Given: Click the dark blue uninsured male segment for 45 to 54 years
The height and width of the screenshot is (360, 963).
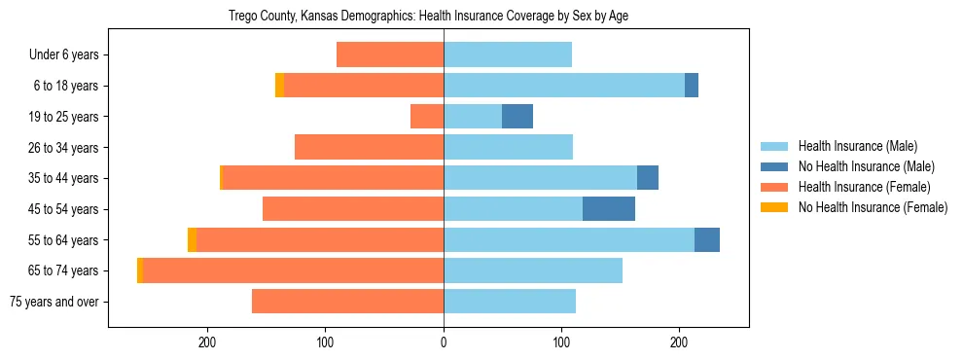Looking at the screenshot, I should click(x=609, y=209).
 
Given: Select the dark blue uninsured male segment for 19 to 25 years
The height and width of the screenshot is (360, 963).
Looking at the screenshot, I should click(x=517, y=117).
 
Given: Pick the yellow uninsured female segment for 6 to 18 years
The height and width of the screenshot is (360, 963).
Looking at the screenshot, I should click(x=280, y=86).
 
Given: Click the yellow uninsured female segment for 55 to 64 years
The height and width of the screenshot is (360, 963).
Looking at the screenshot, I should click(x=192, y=240).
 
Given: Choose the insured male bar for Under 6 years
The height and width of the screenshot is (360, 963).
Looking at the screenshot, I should click(x=508, y=55).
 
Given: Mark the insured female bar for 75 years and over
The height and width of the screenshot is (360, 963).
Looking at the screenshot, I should click(x=348, y=302).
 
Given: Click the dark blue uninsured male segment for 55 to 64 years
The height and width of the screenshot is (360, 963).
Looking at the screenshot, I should click(x=707, y=240).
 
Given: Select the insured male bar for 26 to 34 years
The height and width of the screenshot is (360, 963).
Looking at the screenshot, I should click(x=509, y=148).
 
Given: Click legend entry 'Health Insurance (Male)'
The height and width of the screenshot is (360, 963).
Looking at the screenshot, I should click(x=857, y=146).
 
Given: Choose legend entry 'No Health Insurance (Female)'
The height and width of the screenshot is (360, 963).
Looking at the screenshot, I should click(x=873, y=207).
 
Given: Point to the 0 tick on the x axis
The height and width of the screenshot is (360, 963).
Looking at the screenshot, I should click(x=444, y=342).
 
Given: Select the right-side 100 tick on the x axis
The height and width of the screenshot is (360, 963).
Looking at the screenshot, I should click(x=561, y=342).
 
